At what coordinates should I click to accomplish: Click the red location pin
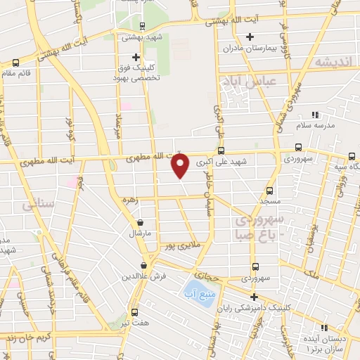(181, 166)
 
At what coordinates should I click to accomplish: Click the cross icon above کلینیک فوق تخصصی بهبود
(136, 56)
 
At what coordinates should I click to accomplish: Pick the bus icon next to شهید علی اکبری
(221, 150)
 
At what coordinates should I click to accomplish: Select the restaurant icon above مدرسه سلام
(315, 114)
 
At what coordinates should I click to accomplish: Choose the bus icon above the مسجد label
(269, 191)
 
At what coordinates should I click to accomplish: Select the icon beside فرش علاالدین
(144, 265)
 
